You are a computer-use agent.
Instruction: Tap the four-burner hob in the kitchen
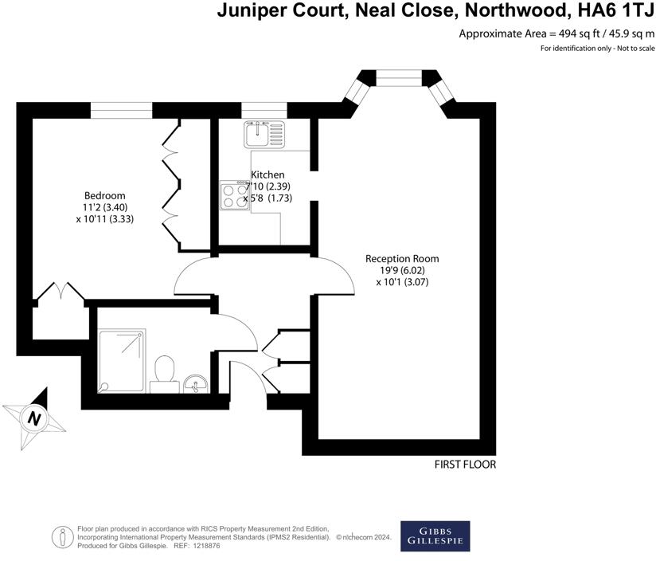coord(234,195)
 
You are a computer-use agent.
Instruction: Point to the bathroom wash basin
coord(195,385)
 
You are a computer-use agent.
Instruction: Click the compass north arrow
coord(33,417)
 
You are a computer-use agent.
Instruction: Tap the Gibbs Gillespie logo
coord(434,536)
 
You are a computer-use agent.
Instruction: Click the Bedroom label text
coord(105,196)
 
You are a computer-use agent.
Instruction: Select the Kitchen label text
coord(267,175)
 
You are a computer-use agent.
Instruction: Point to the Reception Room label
coord(402,258)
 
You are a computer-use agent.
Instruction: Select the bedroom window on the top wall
coord(121,110)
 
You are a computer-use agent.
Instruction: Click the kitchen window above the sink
coord(264,110)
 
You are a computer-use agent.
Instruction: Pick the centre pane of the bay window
coord(397,77)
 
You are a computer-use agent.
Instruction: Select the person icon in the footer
coord(61,536)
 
